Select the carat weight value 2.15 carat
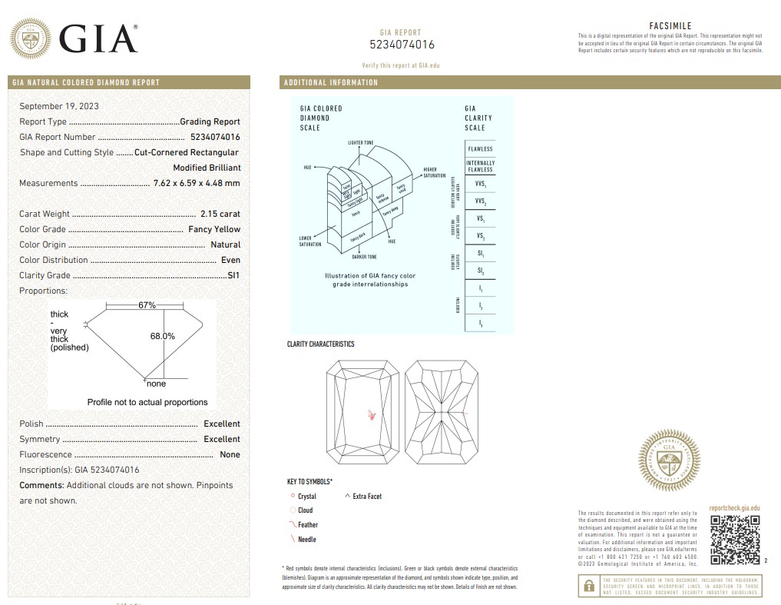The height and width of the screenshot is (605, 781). coord(220,214)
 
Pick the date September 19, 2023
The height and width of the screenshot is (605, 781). coord(59,106)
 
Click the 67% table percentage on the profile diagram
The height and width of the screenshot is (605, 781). coord(147,305)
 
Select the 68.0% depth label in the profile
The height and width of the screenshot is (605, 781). coord(162,336)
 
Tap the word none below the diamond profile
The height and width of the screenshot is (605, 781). coord(156,384)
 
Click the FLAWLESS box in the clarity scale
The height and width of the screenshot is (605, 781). coord(480,148)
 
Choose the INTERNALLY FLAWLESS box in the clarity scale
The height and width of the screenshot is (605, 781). coord(480,166)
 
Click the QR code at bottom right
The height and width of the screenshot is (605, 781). coord(735,539)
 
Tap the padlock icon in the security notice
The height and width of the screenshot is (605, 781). coord(589,585)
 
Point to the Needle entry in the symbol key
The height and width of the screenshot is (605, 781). coord(306,540)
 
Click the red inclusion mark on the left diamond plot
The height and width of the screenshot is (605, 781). coord(372,414)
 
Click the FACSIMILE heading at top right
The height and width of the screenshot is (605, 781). coord(670,25)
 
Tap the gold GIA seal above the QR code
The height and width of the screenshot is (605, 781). coord(669,460)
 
